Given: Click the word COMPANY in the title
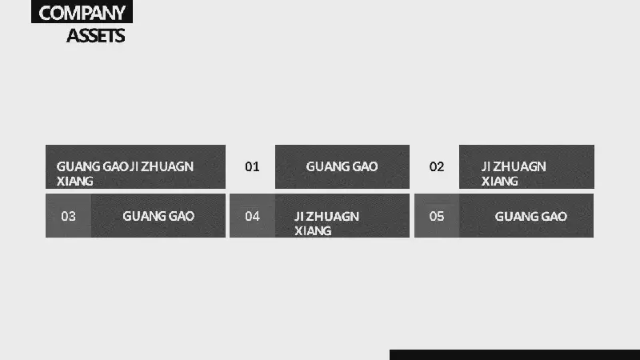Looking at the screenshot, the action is click(82, 13).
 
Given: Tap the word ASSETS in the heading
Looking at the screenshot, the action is click(96, 36).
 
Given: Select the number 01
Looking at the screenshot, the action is click(252, 166).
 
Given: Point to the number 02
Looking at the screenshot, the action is click(437, 166).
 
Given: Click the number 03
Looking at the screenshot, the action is click(68, 216).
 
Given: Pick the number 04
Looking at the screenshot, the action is click(252, 216).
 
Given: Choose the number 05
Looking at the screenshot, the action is click(437, 216).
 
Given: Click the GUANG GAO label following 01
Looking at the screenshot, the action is click(342, 166).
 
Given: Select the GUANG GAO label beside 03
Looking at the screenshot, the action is click(158, 216).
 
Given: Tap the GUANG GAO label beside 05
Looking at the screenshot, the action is click(531, 216).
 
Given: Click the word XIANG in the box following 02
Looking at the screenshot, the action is click(499, 182).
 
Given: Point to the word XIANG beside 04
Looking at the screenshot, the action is click(313, 231).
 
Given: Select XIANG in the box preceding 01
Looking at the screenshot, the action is click(74, 182).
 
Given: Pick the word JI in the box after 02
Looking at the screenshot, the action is click(486, 166).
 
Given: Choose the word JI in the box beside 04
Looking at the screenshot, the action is click(299, 216).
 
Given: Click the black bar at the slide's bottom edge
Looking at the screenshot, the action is click(514, 354).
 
